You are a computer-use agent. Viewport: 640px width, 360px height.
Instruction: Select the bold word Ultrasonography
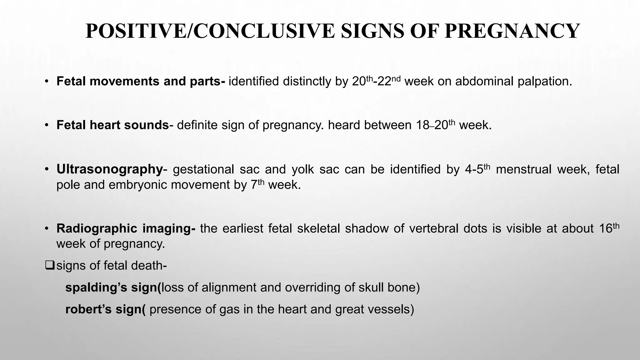coord(109,169)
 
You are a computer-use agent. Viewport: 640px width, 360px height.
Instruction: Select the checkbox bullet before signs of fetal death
coord(50,265)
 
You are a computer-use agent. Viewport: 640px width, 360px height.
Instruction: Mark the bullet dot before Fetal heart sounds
coord(47,125)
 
